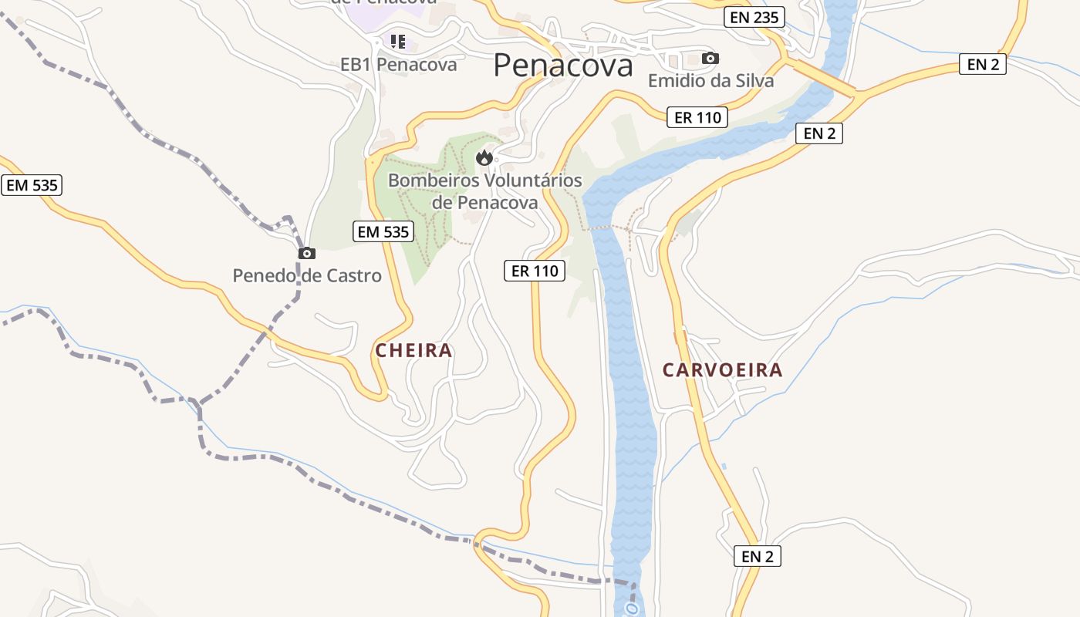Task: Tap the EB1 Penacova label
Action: pos(398,65)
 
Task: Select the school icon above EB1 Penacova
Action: pos(398,40)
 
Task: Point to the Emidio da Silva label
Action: pos(710,80)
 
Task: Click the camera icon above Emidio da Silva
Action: pos(710,58)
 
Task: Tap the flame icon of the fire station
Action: pos(484,158)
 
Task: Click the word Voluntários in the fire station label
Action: pos(533,180)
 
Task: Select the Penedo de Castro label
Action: pos(307,275)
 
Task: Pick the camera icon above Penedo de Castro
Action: pos(306,253)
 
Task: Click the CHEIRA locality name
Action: pos(413,351)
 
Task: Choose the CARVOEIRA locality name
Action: pos(722,370)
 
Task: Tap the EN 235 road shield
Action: pos(754,17)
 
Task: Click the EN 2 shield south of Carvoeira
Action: pos(757,556)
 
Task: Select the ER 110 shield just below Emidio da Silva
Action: pos(697,117)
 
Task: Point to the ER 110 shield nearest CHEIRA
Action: pos(535,271)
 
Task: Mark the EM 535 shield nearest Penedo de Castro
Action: pos(383,231)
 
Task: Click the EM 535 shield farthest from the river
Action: pos(31,185)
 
